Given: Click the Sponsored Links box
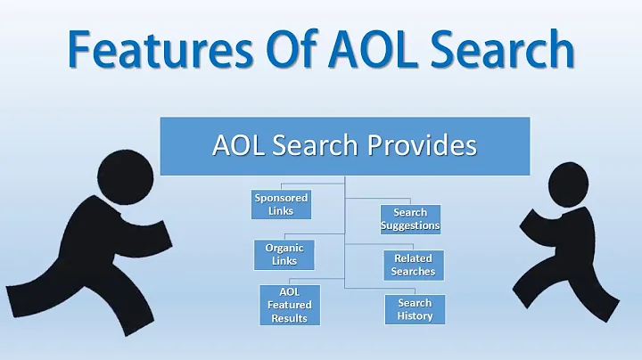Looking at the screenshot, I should pos(280,203).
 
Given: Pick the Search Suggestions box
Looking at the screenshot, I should pos(410,218).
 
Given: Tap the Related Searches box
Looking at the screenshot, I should pos(413,265).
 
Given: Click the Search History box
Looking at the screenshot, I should pos(415,309).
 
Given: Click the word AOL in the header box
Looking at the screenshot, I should pos(236,144).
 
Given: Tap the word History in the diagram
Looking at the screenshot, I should pos(415,315).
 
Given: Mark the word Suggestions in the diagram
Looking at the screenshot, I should pos(410,225).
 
